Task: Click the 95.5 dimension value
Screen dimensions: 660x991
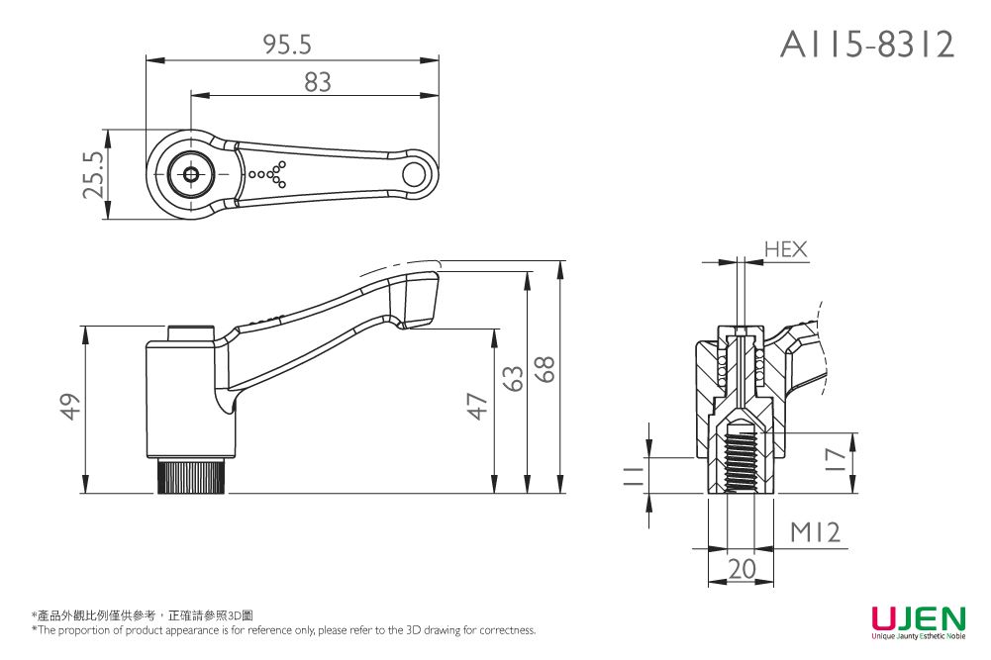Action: pos(287,45)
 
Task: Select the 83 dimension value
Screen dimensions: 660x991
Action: pos(317,82)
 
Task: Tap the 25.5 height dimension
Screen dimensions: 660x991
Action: pos(93,173)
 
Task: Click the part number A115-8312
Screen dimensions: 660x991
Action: pos(867,45)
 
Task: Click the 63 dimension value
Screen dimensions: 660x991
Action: pos(512,377)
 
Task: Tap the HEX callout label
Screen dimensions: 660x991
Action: pos(786,250)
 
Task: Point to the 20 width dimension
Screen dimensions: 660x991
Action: pos(741,568)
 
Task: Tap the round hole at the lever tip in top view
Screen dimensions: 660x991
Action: pos(415,174)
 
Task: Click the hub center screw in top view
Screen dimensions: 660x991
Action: pos(191,174)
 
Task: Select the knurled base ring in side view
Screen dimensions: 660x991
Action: pos(193,477)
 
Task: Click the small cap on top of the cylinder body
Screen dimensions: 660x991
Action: pos(191,333)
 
